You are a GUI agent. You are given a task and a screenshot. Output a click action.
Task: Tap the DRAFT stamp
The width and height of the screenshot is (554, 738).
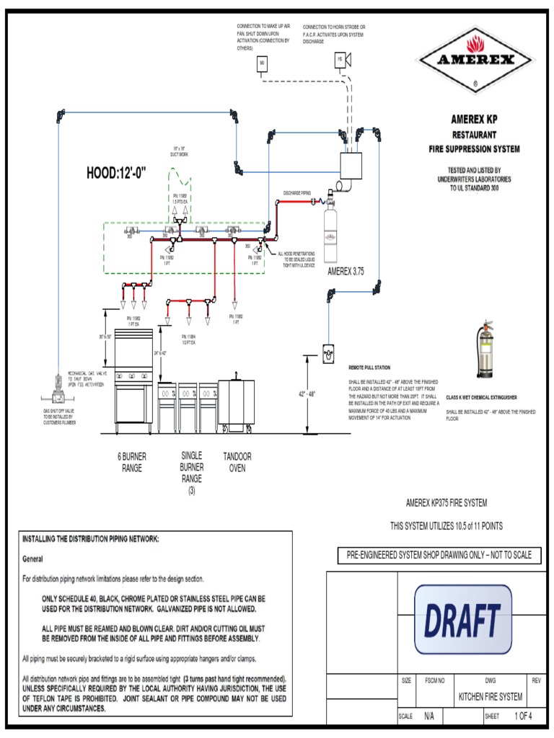462,619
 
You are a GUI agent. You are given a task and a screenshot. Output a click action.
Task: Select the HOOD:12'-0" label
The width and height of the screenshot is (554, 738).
117,173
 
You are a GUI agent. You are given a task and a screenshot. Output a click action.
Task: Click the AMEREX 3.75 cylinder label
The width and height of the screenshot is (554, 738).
348,271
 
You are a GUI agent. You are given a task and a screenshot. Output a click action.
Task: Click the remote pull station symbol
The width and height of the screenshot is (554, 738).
329,353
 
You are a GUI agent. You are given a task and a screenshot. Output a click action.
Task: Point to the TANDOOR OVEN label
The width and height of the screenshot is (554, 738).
237,461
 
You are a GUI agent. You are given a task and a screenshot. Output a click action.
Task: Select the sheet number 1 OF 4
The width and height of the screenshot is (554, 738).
523,716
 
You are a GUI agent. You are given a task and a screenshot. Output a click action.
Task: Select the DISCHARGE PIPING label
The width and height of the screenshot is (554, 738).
296,192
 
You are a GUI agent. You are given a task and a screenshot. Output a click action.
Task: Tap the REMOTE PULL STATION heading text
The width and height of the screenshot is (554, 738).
369,367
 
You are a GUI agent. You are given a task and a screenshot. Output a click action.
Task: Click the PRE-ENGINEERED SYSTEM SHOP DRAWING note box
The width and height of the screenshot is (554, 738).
439,556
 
